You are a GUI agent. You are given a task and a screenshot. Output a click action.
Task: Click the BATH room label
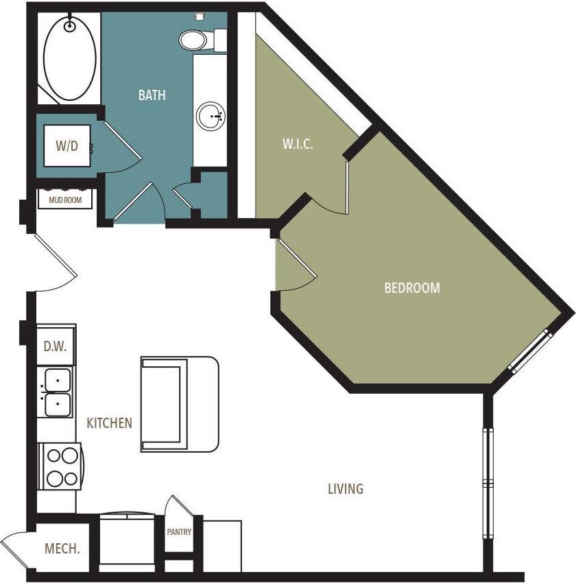coord(152,95)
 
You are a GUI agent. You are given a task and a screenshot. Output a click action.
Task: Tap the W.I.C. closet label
coord(298,145)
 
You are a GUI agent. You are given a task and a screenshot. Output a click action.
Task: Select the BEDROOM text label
coord(411,288)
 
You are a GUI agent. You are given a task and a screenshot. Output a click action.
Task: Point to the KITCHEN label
coord(109,423)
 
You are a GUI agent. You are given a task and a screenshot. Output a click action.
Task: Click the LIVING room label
coord(345,489)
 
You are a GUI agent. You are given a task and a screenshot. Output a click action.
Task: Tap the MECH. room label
coord(62,549)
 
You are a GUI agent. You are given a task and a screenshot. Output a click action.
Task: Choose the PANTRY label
coord(179,532)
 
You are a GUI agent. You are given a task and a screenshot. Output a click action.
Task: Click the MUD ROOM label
coord(65,200)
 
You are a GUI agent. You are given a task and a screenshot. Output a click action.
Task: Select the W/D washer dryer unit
coord(67,145)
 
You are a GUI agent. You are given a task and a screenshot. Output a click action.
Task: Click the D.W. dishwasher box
coord(56,346)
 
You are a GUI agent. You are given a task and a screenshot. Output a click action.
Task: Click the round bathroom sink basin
coord(211,117)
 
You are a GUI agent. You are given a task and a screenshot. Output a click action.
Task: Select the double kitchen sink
coord(58,392)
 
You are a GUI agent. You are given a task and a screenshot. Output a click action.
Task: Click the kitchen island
coord(179,404)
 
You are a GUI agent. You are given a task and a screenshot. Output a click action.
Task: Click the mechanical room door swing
coord(15,549)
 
